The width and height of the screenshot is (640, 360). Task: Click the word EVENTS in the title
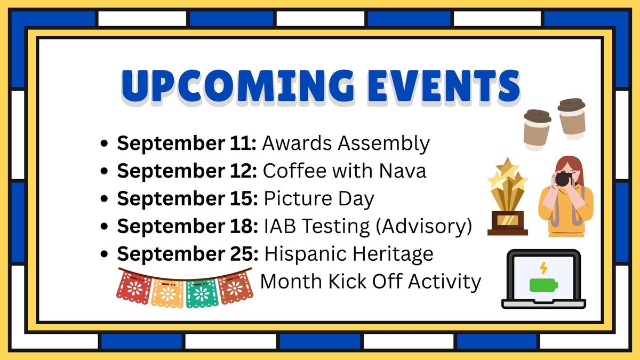(444, 86)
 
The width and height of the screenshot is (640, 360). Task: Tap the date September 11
(187, 143)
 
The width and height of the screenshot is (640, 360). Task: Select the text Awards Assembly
(346, 143)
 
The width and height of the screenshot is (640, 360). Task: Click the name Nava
(403, 171)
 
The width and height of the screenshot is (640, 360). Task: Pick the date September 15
(187, 198)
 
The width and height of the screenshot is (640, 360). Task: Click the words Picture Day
(319, 198)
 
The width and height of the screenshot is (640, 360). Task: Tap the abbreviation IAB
(280, 226)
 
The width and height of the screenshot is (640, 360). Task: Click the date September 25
(188, 254)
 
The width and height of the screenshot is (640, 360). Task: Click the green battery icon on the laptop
(543, 285)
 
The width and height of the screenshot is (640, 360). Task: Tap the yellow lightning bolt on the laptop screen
(543, 268)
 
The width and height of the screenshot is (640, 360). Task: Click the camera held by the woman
(564, 178)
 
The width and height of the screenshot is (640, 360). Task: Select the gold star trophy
(507, 197)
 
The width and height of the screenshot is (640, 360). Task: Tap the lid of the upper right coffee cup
(571, 105)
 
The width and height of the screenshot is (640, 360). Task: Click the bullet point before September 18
(105, 226)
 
